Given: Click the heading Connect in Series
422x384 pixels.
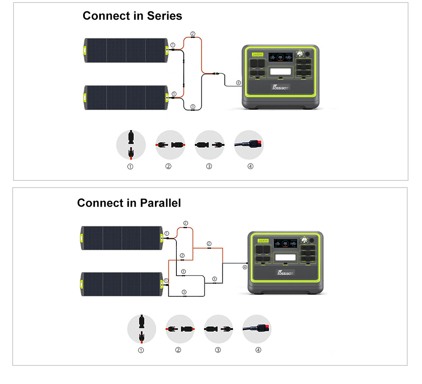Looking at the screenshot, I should (x=132, y=16).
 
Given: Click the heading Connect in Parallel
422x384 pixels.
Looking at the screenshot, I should (x=129, y=203).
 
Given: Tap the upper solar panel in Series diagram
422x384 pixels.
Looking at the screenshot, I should (x=127, y=51).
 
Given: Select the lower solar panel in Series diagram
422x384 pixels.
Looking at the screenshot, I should (x=127, y=98).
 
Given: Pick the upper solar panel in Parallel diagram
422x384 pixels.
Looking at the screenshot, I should (x=122, y=239).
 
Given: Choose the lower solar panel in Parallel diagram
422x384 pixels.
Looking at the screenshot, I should (x=122, y=285).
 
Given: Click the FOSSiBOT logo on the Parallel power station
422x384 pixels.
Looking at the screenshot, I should (x=285, y=272).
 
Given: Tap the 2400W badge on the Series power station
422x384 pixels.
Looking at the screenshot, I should (x=257, y=55).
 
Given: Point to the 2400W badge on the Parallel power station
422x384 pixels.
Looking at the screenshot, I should (x=263, y=241).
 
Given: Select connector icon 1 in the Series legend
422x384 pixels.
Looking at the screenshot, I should (x=131, y=145).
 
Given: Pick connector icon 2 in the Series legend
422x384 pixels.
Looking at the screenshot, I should (x=170, y=145).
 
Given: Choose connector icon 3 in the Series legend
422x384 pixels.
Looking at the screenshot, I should (x=210, y=145).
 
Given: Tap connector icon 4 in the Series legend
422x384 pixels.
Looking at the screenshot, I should (x=249, y=145).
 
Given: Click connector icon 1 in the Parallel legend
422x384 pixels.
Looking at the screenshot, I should (x=141, y=329).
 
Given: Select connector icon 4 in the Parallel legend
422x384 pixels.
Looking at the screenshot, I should (x=257, y=329).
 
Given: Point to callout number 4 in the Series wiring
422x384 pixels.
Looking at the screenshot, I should (x=238, y=83).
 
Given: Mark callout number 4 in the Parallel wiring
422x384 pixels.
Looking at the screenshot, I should (x=245, y=267).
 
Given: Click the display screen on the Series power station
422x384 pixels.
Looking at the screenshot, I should (x=279, y=57).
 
